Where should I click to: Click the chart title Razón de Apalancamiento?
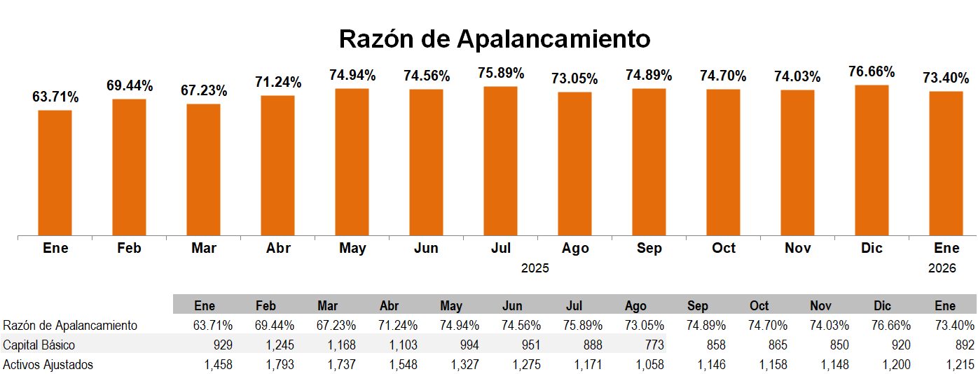(x=495, y=39)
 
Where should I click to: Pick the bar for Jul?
(x=500, y=160)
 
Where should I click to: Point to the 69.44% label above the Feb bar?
(x=130, y=86)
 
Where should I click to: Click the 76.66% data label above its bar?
(x=872, y=72)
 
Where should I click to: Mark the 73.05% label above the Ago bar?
(x=574, y=79)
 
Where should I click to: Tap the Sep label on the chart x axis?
(x=649, y=249)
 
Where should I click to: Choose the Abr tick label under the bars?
(x=278, y=249)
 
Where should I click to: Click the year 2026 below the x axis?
(x=942, y=268)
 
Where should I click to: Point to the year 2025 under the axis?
(x=535, y=268)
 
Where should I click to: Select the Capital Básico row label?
(x=39, y=345)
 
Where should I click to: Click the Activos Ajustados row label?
(x=48, y=364)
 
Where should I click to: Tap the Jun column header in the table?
(x=512, y=306)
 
